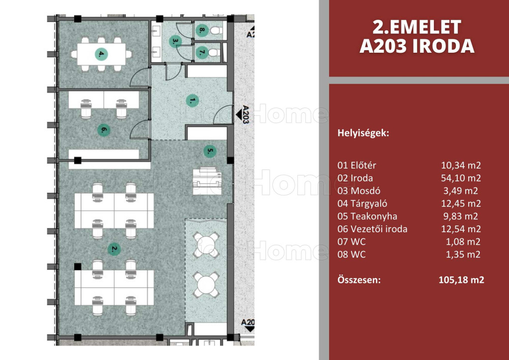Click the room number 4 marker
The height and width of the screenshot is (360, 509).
pos(101,54)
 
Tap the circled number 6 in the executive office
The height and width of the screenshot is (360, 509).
pos(103,130)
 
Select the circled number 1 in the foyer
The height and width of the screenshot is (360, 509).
pos(192,101)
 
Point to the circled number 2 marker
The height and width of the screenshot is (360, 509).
pos(114,249)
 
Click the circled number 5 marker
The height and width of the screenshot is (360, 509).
pos(210,151)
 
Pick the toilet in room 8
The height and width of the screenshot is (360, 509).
pos(216,31)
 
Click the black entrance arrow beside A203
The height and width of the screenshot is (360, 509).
pos(239,114)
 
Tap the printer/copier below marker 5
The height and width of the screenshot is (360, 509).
pos(207,181)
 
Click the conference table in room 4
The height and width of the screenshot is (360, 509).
pos(101,54)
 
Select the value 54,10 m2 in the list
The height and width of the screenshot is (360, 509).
pos(461,178)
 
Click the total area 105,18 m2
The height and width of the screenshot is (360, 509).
pos(461,280)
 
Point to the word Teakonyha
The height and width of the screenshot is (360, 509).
pos(374,216)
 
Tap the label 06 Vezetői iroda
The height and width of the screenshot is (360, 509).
pos(372,229)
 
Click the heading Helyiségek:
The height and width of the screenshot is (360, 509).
pos(363,133)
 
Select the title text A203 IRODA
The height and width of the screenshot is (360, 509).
pos(417,46)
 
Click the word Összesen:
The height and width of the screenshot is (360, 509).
pos(359,280)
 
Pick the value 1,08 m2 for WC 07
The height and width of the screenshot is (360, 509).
pos(463,242)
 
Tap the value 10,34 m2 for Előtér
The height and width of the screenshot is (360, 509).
pos(461,165)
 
